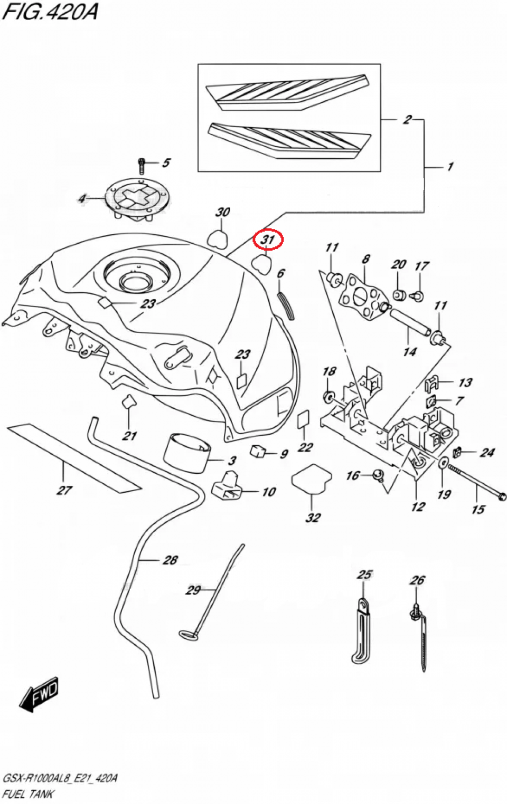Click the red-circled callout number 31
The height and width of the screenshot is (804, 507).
coord(268,240)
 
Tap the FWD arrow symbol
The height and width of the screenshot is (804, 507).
coord(39,694)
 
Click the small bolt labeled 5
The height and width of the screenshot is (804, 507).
coord(142,165)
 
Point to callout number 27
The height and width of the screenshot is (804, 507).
coord(64,490)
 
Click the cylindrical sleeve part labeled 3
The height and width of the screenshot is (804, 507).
coord(187,452)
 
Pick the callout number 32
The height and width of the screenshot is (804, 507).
coord(313,518)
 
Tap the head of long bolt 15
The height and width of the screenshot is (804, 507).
coord(502,496)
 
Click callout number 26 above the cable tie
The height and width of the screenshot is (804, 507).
coord(417,580)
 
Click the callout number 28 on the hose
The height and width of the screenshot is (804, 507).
coord(170,560)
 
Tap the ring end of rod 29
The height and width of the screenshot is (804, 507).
coord(188,635)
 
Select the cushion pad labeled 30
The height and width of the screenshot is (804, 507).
coord(217,238)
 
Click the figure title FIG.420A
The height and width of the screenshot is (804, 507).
coord(50,11)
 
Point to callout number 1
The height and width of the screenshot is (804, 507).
coord(450,167)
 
